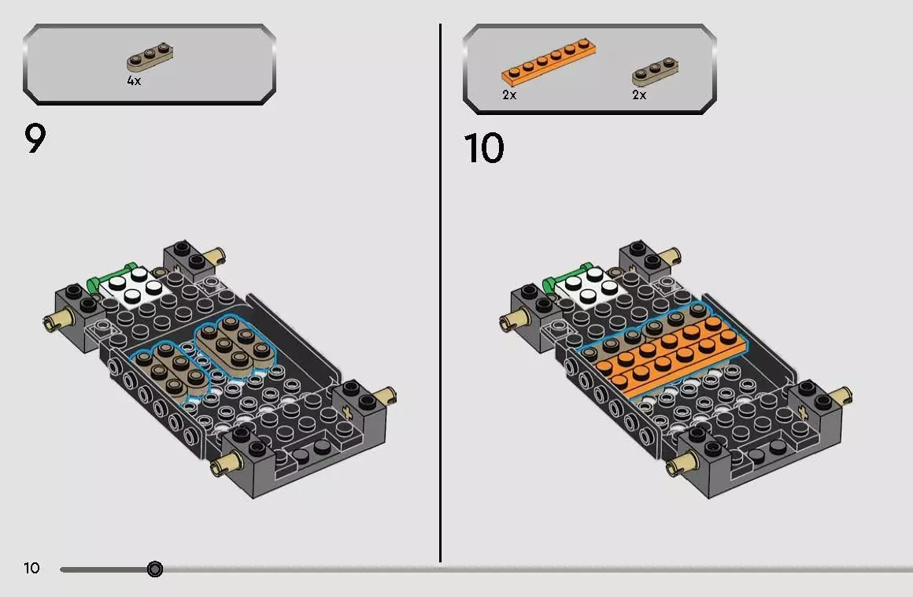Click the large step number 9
coord(35,139)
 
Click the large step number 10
coord(484,148)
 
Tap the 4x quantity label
coord(134,81)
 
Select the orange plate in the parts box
coord(549,59)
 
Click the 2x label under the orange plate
coord(509,95)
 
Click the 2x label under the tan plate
coord(639,95)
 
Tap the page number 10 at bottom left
coord(31,568)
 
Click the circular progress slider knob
coord(155,569)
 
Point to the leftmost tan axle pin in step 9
coord(57,319)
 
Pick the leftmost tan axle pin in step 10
coord(513,319)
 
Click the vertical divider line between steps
coord(440,293)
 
